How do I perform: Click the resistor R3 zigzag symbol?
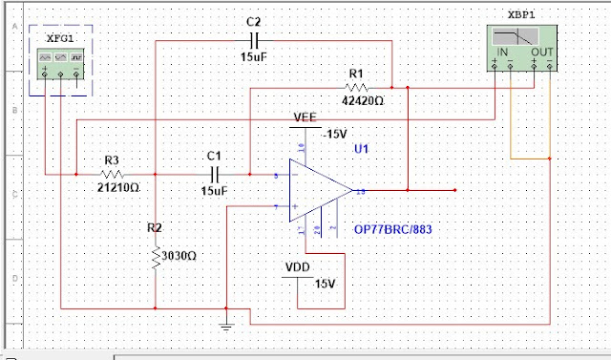(112, 174)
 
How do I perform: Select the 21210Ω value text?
(117, 188)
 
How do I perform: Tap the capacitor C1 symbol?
(213, 174)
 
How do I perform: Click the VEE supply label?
(305, 116)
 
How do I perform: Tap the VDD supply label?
(301, 267)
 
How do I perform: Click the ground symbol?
(225, 327)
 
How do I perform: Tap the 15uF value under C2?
(254, 57)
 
